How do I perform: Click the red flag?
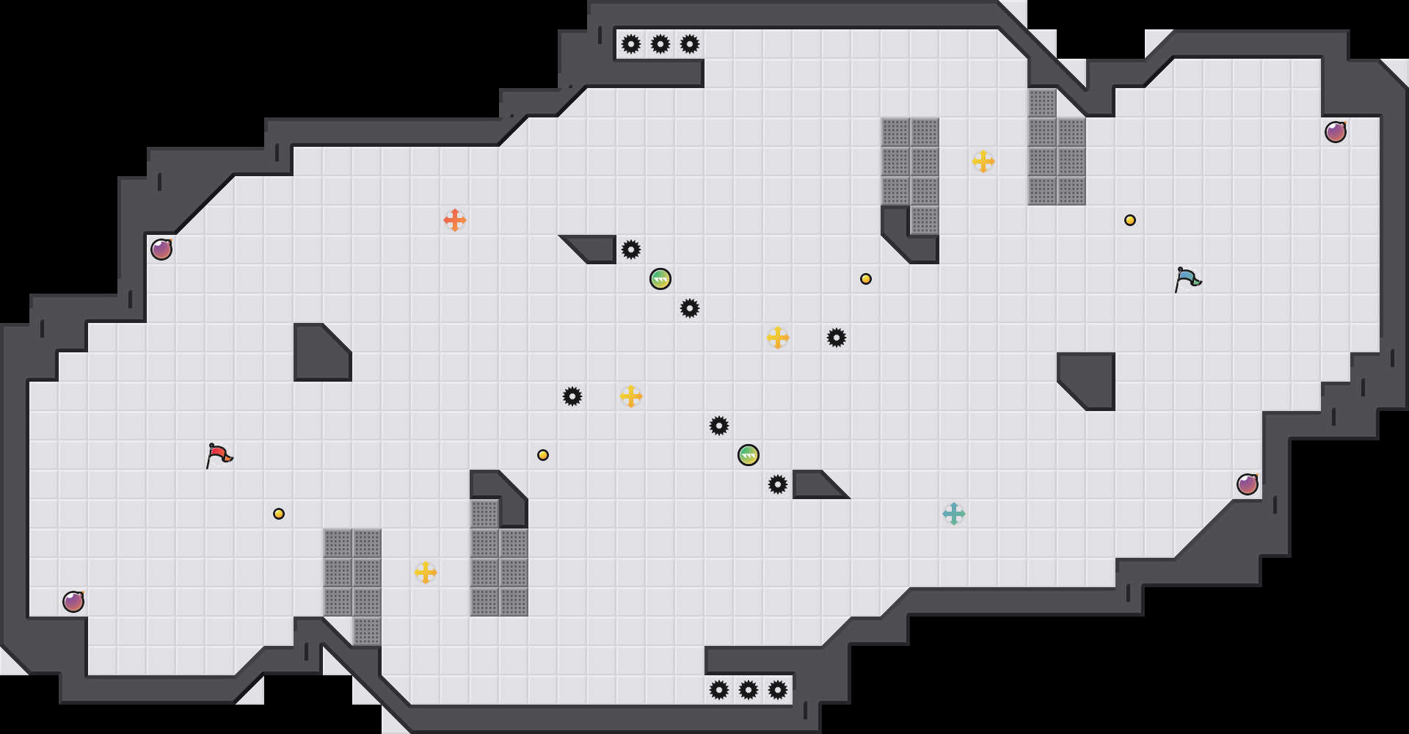coord(219,455)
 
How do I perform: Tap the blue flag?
coord(1187,279)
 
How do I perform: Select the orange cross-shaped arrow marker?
coord(455,220)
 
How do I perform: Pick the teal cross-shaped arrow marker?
coord(954,514)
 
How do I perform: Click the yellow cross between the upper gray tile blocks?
coord(983,161)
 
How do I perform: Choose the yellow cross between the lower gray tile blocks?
coord(426,573)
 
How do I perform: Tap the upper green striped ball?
coord(660,279)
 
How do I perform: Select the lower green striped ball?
coord(749,455)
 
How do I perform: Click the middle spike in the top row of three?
coord(660,44)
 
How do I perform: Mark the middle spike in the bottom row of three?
coord(749,690)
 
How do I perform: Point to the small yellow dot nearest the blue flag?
coord(1130,220)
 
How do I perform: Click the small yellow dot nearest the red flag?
coord(279,514)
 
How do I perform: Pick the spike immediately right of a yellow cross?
coord(837,338)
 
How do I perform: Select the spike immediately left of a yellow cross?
coord(572,396)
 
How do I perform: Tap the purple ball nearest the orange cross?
coord(161,250)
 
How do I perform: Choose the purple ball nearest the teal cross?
coord(1248,484)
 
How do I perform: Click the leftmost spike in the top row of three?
coord(631,44)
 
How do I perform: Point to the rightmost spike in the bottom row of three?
coord(778,690)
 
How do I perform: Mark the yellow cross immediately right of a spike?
coord(631,396)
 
